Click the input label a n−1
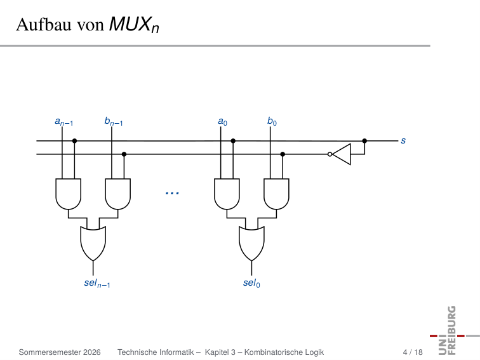pos(64,121)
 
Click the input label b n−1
pos(114,121)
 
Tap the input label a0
pos(223,121)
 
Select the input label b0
pos(272,121)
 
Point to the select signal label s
pos(403,140)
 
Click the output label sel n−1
pos(97,283)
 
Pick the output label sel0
pos(251,283)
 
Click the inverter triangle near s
pos(342,154)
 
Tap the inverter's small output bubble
pos(330,154)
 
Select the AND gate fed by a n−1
pos(69,194)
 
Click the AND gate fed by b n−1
pos(118,194)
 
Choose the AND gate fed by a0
pos(227,194)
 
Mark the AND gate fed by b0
pos(276,194)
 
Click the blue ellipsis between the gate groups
pos(172,193)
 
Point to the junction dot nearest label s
pos(364,141)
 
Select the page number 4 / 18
pos(413,352)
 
